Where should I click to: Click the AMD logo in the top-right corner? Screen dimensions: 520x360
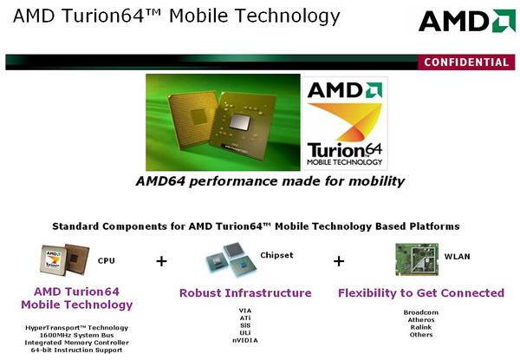[x=467, y=21]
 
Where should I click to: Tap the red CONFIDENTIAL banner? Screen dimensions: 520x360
[x=466, y=62]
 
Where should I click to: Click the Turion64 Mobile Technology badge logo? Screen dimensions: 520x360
[x=345, y=123]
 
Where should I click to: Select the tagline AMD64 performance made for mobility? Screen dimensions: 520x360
[x=270, y=181]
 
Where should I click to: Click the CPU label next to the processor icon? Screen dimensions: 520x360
[x=106, y=261]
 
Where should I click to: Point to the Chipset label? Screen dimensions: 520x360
[x=276, y=255]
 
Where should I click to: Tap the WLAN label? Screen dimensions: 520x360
[x=457, y=257]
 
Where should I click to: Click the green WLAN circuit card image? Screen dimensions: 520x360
[x=417, y=259]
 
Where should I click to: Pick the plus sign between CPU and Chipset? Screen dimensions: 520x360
[x=161, y=261]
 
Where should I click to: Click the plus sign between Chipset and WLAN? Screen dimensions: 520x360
[x=339, y=261]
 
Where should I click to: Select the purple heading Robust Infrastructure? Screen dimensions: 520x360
[x=245, y=293]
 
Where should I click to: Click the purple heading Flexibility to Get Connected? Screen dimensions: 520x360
[x=421, y=293]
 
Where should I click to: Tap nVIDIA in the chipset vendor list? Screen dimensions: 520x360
[x=245, y=340]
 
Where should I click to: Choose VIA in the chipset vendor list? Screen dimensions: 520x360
[x=245, y=311]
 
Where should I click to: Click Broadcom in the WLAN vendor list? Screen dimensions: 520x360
[x=421, y=312]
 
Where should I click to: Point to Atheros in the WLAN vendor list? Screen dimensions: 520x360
[x=421, y=320]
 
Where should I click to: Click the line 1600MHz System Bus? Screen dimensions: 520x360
[x=76, y=335]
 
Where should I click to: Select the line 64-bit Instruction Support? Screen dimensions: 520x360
[x=76, y=350]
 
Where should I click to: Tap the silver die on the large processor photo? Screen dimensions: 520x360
[x=240, y=121]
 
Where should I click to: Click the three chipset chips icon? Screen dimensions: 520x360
[x=231, y=259]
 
